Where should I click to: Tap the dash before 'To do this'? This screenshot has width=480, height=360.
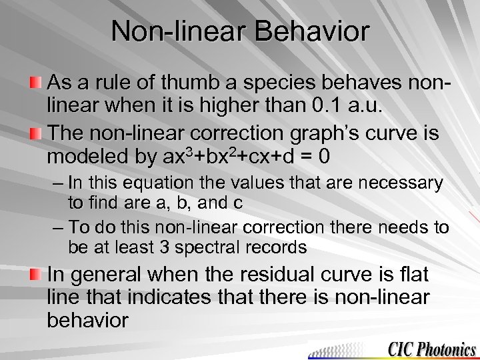click(x=57, y=227)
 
